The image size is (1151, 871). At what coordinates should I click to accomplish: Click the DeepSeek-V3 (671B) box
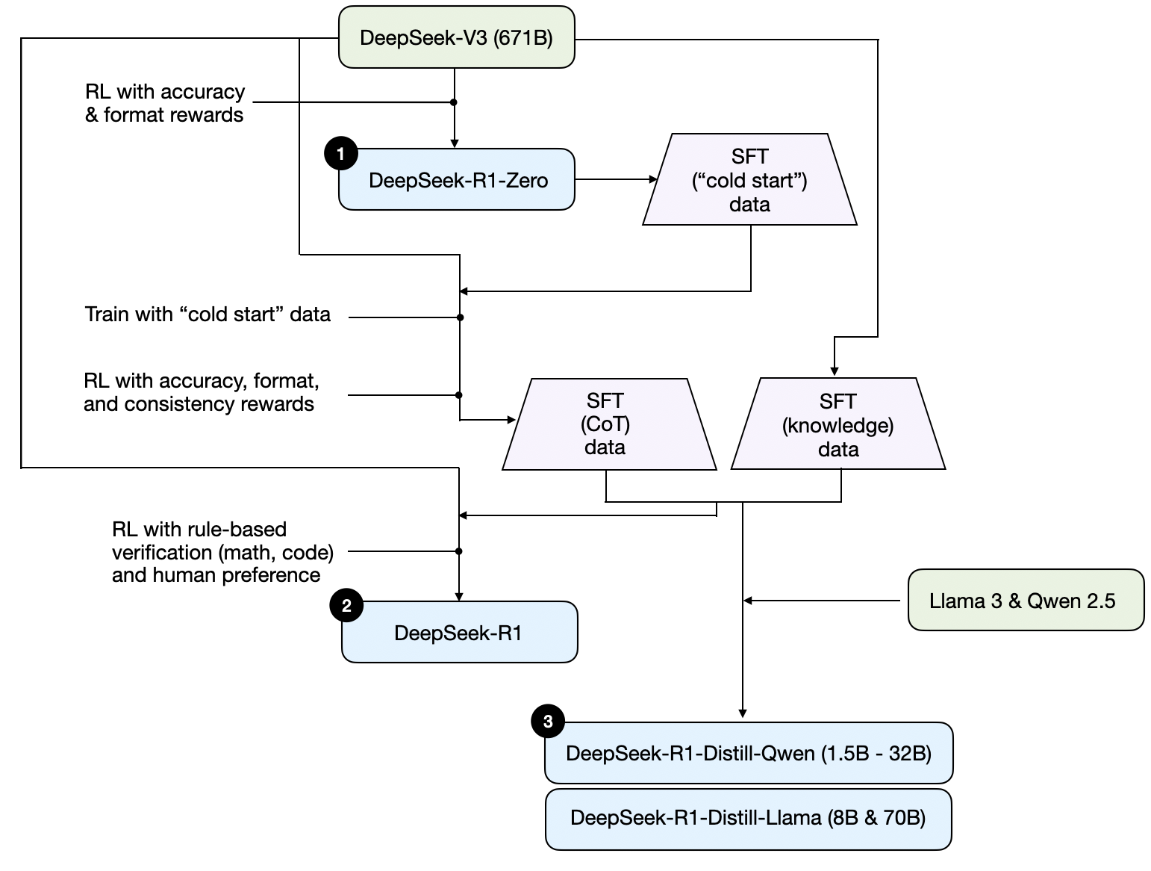[456, 37]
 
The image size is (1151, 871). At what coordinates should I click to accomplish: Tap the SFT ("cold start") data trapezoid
[749, 180]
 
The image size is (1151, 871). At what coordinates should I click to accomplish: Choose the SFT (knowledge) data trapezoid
[837, 424]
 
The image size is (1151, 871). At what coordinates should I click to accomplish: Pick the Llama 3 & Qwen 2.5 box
[1025, 601]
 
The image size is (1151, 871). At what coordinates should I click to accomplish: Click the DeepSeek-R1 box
[459, 633]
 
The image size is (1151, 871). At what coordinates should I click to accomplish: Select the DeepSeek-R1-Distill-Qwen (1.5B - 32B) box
[749, 753]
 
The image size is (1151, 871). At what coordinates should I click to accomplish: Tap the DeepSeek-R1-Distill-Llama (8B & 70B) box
[748, 818]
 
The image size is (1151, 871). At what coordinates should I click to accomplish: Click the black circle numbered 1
[341, 154]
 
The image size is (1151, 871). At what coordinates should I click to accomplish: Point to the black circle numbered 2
[346, 606]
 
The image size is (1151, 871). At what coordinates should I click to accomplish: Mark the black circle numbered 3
[548, 722]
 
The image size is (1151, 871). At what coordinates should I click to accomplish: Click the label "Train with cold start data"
[208, 314]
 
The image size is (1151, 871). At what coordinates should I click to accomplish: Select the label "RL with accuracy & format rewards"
[164, 103]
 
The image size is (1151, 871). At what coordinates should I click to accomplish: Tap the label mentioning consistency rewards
[200, 392]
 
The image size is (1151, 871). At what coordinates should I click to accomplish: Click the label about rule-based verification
[222, 552]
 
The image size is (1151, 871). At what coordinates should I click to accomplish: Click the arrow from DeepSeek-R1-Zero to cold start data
[615, 179]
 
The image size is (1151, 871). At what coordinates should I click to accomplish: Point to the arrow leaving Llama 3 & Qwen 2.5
[821, 601]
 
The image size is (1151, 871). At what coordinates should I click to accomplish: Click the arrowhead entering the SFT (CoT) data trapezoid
[512, 420]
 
